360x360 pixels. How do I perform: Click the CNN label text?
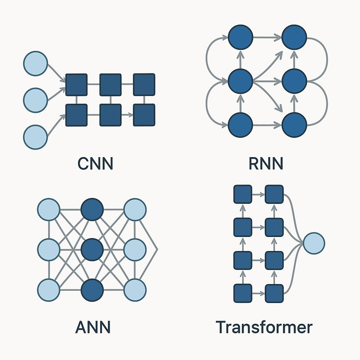(x=95, y=164)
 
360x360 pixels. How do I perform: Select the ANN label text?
(x=93, y=327)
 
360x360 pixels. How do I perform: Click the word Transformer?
(x=264, y=327)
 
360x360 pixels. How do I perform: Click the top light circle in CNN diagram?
(x=35, y=63)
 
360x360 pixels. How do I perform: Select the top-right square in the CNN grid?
(x=144, y=84)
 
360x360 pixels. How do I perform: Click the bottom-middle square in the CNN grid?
(x=110, y=115)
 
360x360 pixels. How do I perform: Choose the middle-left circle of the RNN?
(x=240, y=81)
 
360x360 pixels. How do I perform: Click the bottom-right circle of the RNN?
(x=295, y=125)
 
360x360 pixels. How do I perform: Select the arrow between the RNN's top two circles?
(x=267, y=37)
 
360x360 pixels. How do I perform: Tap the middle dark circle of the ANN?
(x=92, y=250)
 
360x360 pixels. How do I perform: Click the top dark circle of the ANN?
(x=92, y=210)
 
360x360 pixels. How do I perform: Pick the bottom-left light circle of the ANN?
(x=49, y=291)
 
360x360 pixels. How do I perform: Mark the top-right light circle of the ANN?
(x=135, y=210)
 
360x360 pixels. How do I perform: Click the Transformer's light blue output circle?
(x=314, y=243)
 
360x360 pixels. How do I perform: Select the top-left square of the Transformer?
(x=243, y=194)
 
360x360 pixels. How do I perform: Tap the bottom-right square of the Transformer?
(x=274, y=293)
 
